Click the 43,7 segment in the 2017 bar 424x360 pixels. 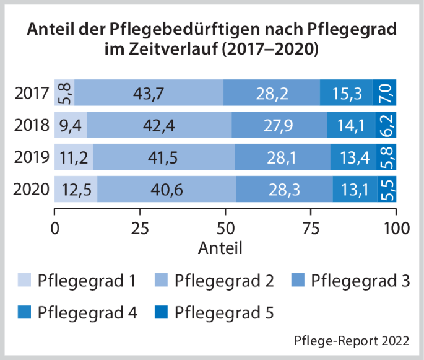149,93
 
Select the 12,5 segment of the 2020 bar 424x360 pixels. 76,188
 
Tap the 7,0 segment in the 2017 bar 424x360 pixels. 384,93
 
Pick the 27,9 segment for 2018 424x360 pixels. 279,125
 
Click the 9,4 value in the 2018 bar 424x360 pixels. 71,125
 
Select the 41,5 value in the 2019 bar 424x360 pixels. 163,157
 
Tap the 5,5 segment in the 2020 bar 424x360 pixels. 387,188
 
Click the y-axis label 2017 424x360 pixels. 32,94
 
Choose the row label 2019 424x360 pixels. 32,157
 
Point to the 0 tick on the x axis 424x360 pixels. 55,227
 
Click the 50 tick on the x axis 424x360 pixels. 226,227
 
